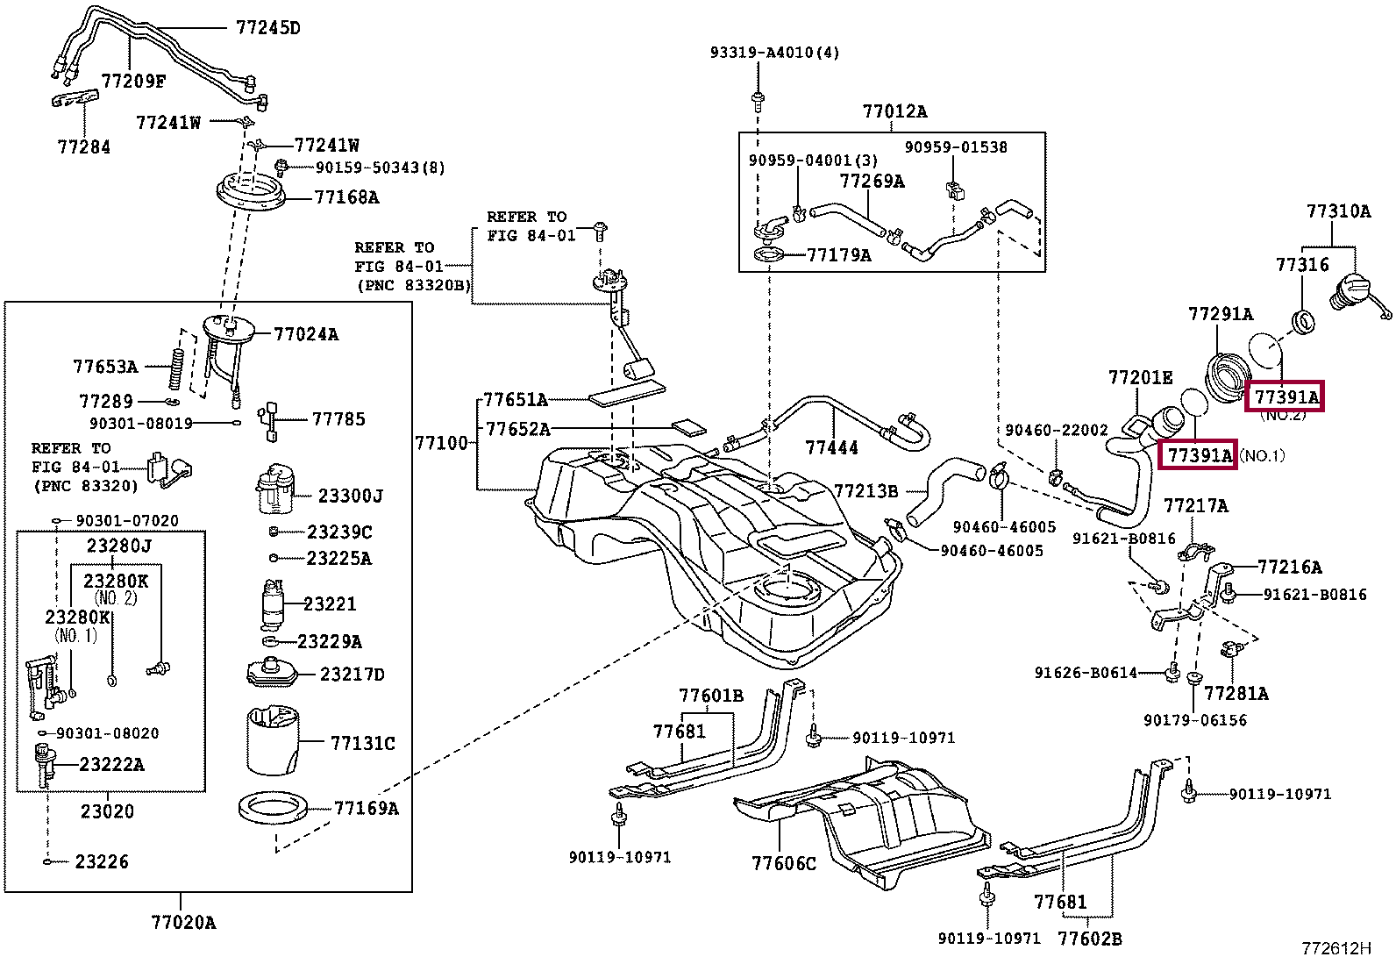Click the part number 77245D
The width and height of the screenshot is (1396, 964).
(267, 27)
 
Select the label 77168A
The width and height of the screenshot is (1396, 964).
(346, 197)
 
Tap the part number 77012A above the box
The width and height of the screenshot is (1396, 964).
(894, 111)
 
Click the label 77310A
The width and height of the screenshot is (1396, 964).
(1337, 211)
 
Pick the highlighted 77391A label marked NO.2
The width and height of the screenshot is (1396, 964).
(1286, 397)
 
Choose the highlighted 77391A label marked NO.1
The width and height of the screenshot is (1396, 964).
(1198, 455)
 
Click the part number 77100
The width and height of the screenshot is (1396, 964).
(441, 443)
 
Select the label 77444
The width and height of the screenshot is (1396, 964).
(832, 448)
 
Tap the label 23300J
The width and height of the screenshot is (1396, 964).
(350, 496)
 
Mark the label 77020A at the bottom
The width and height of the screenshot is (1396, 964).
(183, 922)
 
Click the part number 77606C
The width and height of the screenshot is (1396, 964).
(783, 863)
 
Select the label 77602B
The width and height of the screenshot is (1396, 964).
(1089, 939)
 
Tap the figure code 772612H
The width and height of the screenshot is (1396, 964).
(1335, 948)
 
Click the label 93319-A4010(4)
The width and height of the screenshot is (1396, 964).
(774, 53)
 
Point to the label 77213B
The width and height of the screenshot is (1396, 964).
(865, 491)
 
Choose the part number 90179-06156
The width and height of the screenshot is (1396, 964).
(1194, 720)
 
